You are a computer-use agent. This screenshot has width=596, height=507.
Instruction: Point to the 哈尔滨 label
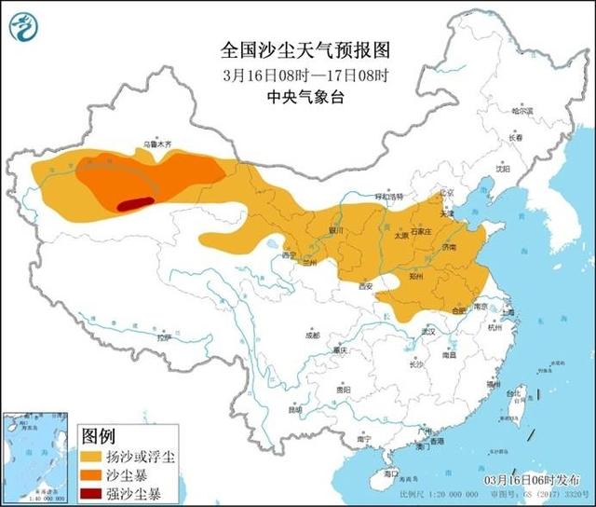pos(522,110)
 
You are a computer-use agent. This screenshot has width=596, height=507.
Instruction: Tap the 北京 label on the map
pos(445,194)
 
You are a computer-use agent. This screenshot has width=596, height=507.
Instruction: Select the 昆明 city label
pos(295,408)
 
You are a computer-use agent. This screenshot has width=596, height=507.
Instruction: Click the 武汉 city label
pos(429,331)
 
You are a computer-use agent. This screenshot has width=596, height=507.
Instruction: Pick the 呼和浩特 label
pos(389,198)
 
